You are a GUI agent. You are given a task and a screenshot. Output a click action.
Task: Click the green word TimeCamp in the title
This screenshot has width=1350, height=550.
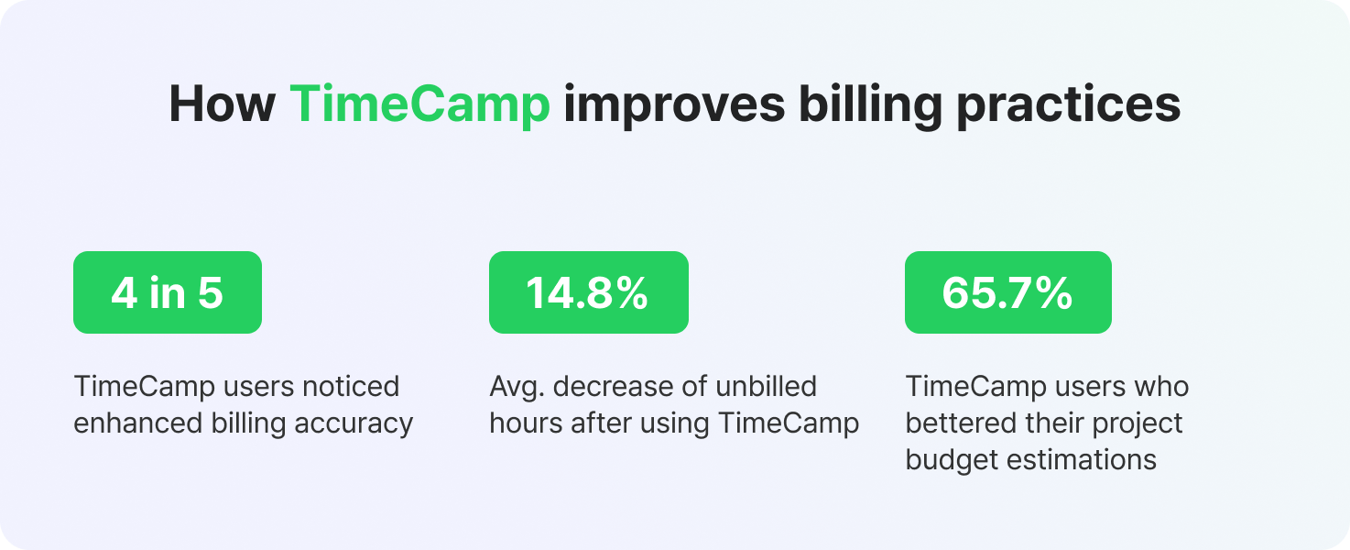pyautogui.click(x=419, y=104)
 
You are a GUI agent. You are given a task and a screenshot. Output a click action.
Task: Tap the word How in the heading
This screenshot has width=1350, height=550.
pyautogui.click(x=222, y=104)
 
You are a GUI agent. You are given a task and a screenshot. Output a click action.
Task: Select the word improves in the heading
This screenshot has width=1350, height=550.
pyautogui.click(x=674, y=106)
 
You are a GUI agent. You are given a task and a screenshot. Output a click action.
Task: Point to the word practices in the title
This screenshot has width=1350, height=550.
pyautogui.click(x=1068, y=106)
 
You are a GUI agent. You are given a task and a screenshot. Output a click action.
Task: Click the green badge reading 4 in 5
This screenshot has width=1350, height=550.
pyautogui.click(x=168, y=292)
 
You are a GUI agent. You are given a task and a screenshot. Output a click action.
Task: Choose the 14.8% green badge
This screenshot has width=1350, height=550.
pyautogui.click(x=589, y=292)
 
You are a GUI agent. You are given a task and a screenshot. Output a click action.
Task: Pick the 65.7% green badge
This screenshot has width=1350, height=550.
pyautogui.click(x=1008, y=292)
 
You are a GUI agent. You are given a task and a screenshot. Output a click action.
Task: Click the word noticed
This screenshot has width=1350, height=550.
pyautogui.click(x=351, y=387)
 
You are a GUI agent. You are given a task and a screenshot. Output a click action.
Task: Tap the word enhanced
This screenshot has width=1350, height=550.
pyautogui.click(x=137, y=423)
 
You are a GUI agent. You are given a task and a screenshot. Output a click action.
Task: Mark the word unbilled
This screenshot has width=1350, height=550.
pyautogui.click(x=767, y=387)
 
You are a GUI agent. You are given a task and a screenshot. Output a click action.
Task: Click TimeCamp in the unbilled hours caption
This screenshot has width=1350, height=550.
pyautogui.click(x=789, y=424)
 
